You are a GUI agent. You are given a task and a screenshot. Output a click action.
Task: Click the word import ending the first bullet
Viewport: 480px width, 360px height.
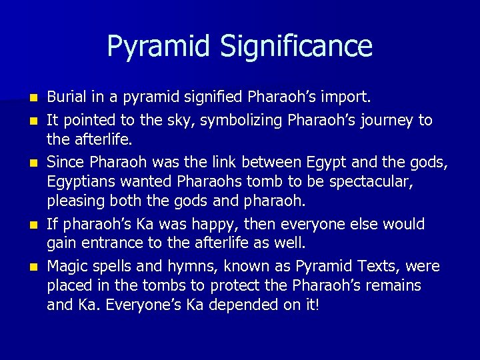(347, 99)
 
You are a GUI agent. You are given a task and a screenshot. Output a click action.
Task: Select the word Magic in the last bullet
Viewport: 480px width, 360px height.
(66, 266)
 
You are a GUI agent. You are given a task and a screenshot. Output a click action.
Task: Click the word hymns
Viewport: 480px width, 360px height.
(189, 266)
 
